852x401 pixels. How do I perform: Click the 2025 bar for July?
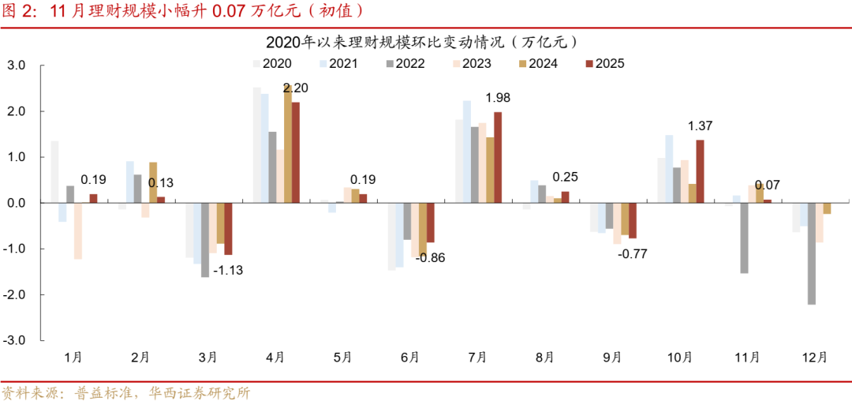tap(498, 158)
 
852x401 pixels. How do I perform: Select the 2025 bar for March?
tap(228, 229)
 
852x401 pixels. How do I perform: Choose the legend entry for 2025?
tap(605, 63)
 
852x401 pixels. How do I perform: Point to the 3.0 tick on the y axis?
tap(16, 66)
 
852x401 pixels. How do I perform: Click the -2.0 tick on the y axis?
tap(14, 294)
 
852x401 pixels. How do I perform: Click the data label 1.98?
tap(498, 98)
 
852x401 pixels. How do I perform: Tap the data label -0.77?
tap(633, 253)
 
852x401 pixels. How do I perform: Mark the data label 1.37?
tap(701, 126)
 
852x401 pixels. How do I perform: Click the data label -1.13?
tap(231, 271)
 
